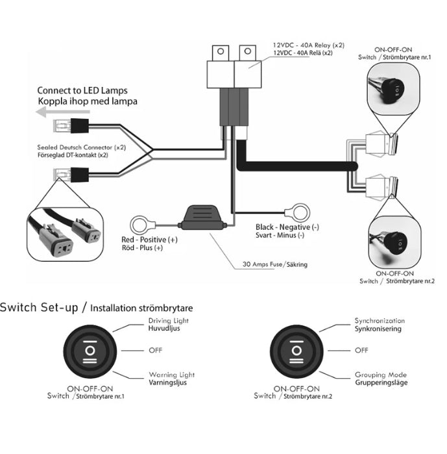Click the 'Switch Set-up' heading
coord(42,307)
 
